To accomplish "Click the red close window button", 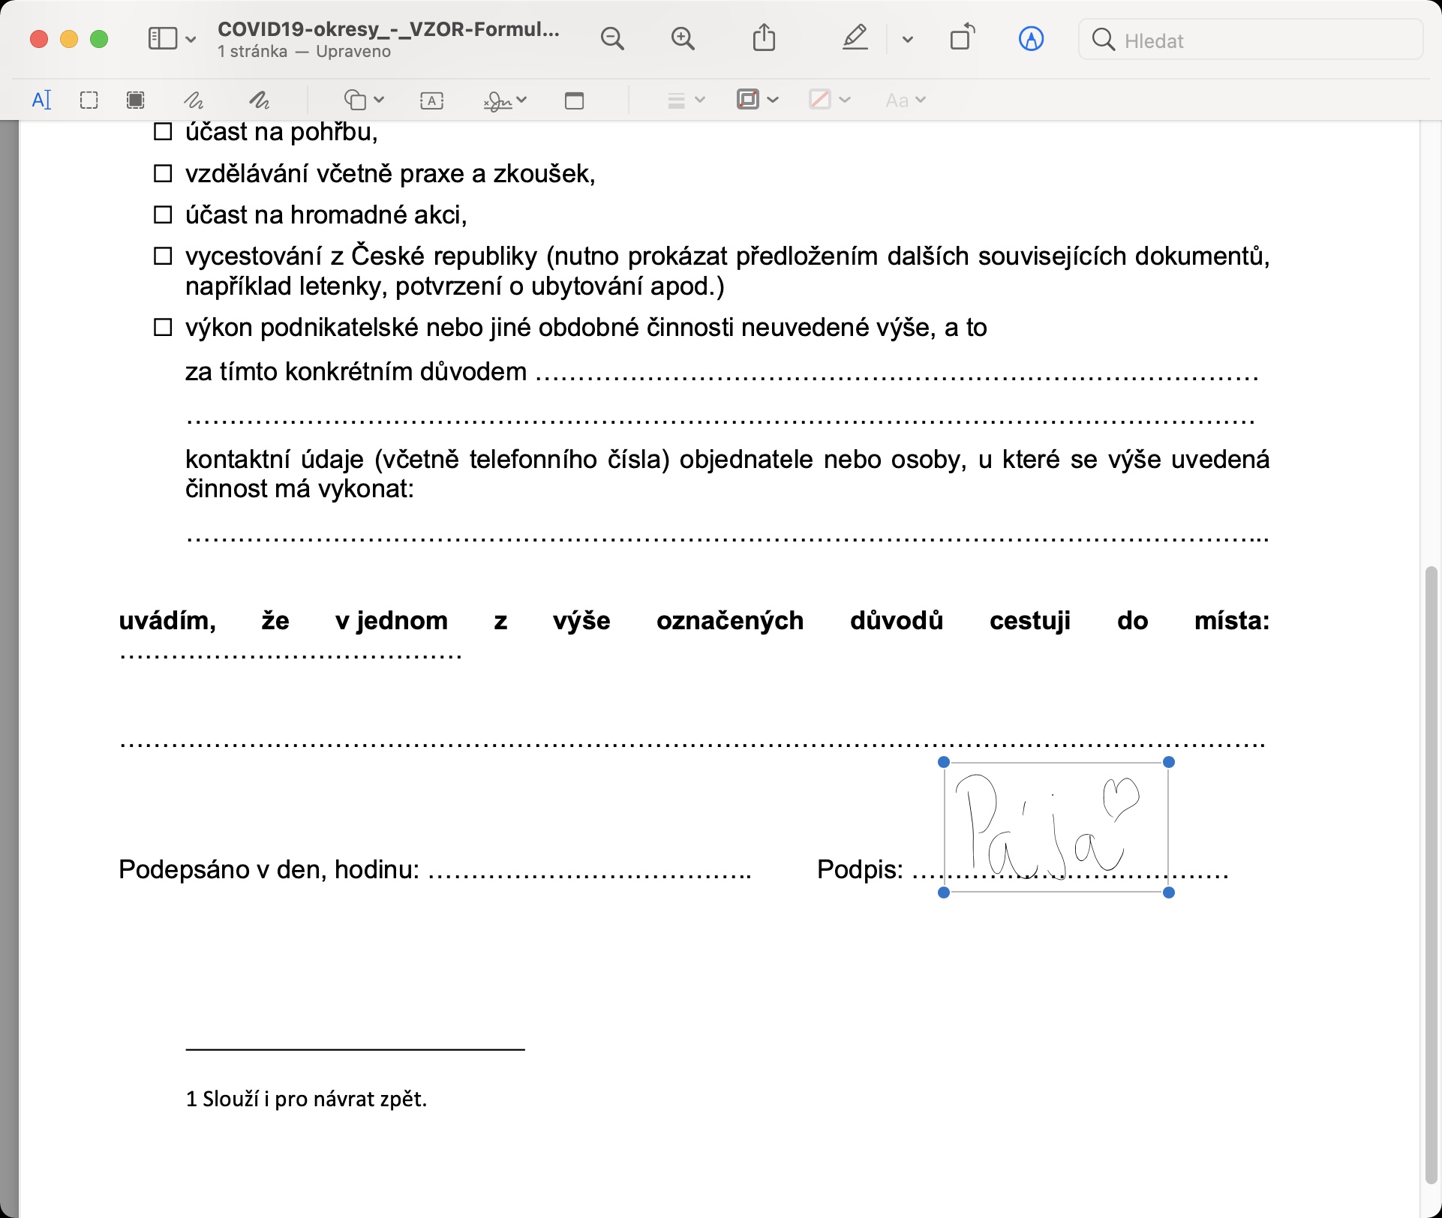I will [39, 39].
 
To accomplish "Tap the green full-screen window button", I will [99, 39].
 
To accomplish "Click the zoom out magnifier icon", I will [612, 39].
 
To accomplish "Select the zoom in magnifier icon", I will [683, 39].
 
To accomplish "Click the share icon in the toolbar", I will [764, 37].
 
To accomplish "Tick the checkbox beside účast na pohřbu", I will [163, 132].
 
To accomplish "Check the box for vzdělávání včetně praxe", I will [163, 173].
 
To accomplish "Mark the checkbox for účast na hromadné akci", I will [163, 215].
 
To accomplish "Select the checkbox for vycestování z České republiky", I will [163, 256].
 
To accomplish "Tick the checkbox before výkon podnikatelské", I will [163, 328].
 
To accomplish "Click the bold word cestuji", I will [1029, 621].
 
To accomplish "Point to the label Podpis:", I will [860, 869].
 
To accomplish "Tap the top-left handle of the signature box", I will [944, 762].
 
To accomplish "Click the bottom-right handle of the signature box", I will [1168, 892].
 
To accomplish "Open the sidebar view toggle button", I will [163, 39].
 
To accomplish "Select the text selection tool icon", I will [42, 100].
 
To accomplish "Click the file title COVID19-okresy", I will [388, 29].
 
